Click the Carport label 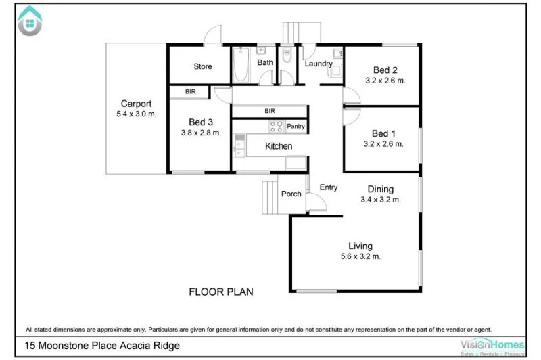click(136, 104)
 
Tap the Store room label click(203, 66)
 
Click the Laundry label click(318, 64)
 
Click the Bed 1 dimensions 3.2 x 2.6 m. click(384, 143)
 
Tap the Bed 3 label click(201, 122)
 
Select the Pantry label click(296, 127)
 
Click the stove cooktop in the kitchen click(277, 126)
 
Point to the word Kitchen click(279, 146)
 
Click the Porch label click(291, 194)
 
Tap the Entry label click(328, 188)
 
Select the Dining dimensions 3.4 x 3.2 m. click(381, 200)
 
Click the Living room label click(360, 246)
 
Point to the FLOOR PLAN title click(220, 292)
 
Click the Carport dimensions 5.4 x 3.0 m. click(136, 114)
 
